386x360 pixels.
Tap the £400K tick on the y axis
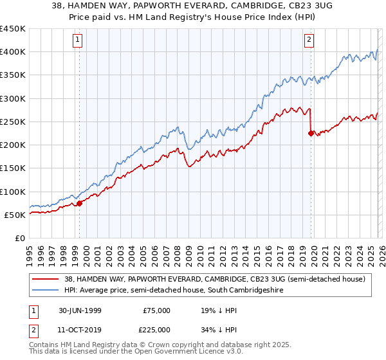tap(13, 52)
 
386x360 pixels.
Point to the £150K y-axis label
tap(13, 168)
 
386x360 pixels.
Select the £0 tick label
tap(21, 238)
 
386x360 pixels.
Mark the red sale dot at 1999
tap(80, 203)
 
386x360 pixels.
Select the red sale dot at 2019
tap(311, 134)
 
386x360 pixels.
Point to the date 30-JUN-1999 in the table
tap(81, 310)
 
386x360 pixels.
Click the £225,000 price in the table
tap(157, 329)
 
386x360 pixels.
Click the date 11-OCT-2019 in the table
tap(81, 329)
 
